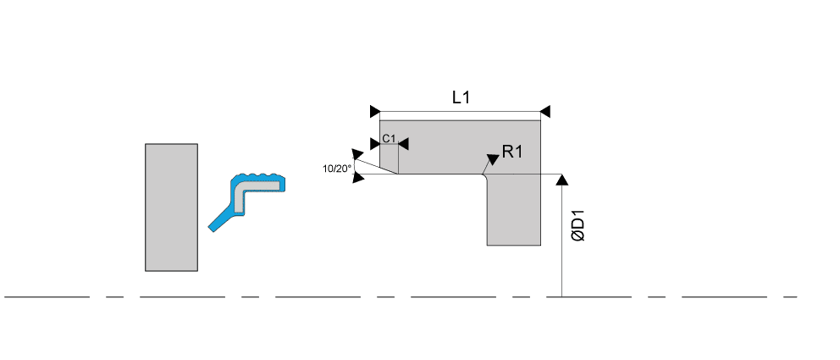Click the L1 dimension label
click(461, 97)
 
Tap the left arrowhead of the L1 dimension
click(375, 111)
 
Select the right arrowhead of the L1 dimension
click(545, 111)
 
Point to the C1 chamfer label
click(389, 138)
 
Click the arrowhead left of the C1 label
click(375, 144)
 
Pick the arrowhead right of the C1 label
click(402, 144)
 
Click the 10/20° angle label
click(336, 168)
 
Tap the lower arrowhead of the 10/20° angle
click(359, 177)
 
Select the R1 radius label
click(512, 152)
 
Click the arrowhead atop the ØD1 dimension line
click(561, 179)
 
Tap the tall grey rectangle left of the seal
click(171, 208)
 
